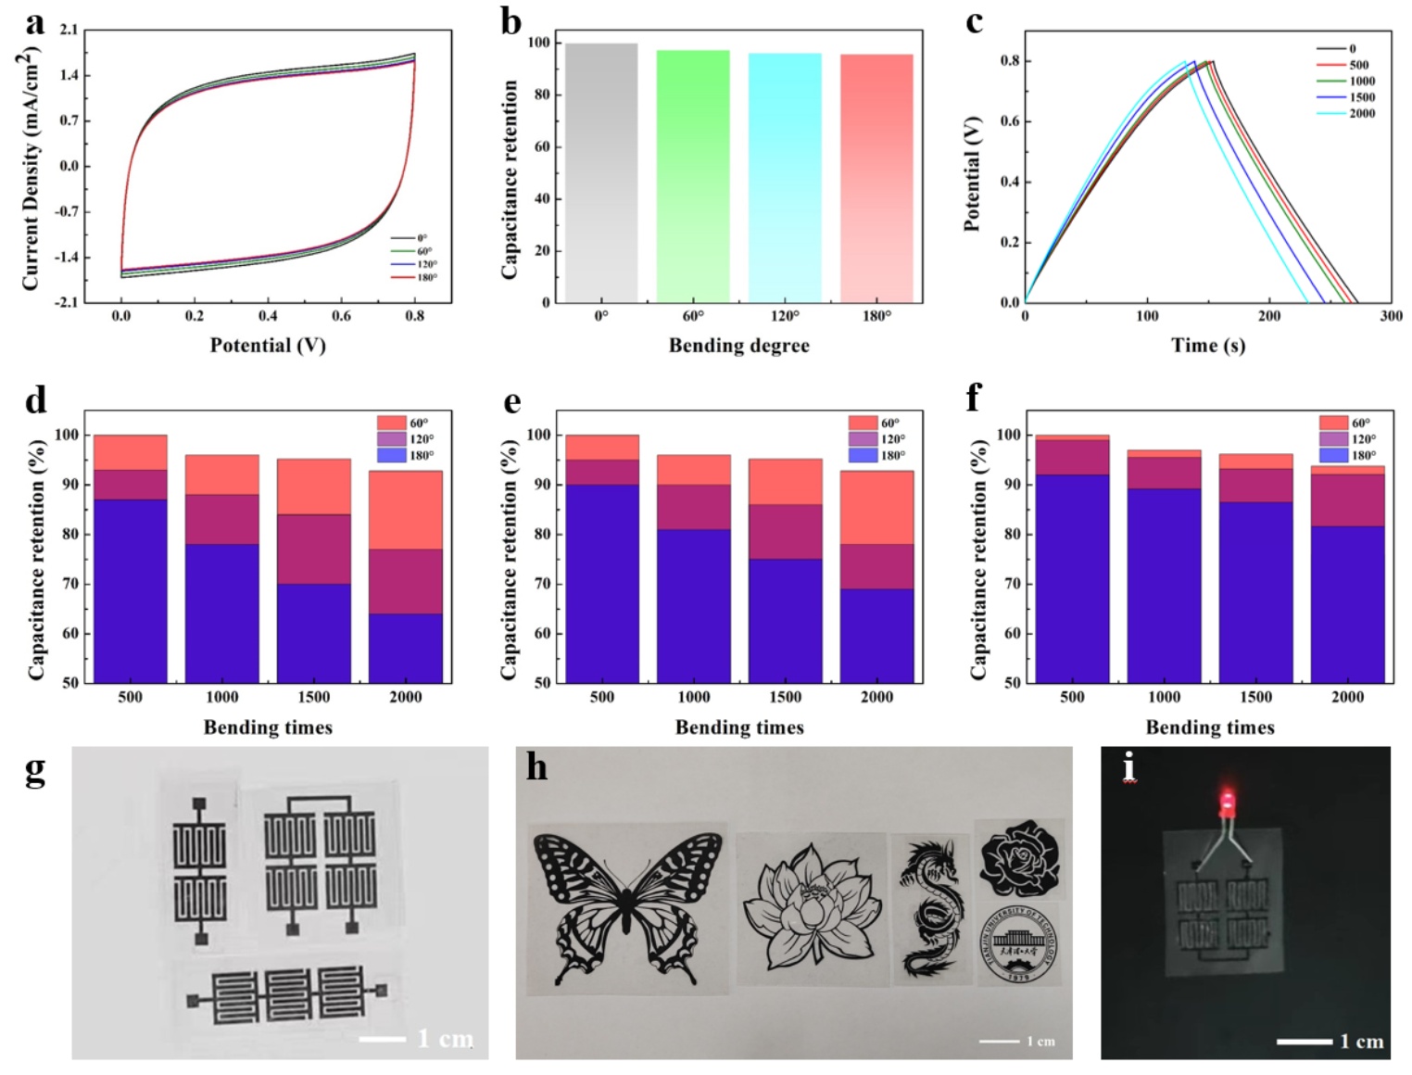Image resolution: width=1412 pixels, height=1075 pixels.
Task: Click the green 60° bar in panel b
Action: (x=692, y=176)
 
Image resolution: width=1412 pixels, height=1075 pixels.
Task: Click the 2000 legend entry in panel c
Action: (x=1349, y=113)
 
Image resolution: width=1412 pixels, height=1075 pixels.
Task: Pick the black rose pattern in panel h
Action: (x=1018, y=857)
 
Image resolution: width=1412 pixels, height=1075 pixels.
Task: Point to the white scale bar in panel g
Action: (x=382, y=1039)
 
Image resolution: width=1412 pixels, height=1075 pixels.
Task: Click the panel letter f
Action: (x=974, y=399)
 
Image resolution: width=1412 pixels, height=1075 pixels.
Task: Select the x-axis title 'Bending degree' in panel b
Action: (x=738, y=346)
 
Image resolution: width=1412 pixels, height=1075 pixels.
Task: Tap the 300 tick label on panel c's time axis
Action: (x=1390, y=316)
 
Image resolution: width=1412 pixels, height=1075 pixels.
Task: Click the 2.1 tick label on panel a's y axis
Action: (x=69, y=31)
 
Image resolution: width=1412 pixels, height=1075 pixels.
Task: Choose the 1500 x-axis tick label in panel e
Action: (x=785, y=697)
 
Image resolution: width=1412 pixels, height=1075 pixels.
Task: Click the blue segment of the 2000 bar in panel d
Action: (x=405, y=648)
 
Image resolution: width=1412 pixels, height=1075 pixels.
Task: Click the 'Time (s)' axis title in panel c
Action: (x=1207, y=346)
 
